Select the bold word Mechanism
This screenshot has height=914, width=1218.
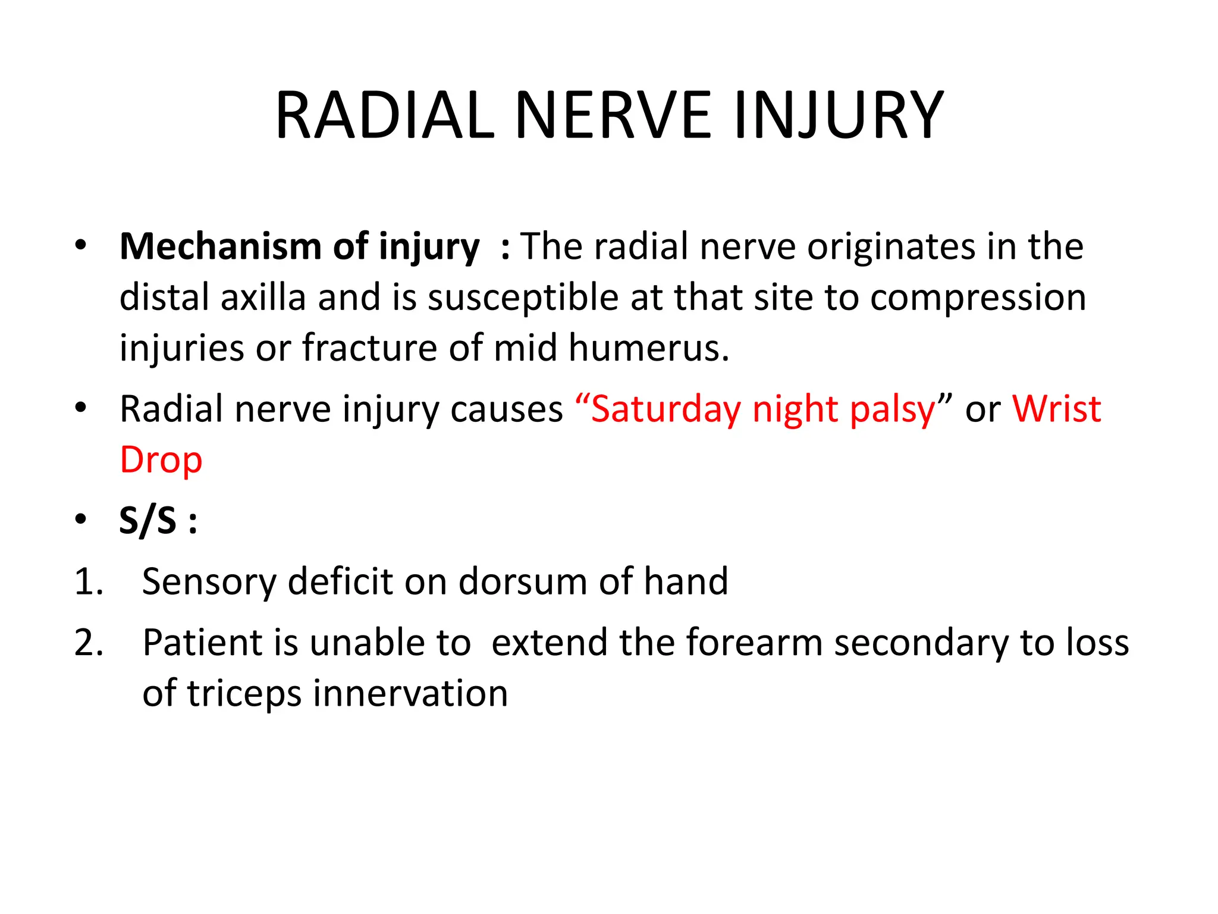[x=220, y=246]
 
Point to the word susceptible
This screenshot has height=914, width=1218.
[x=523, y=297]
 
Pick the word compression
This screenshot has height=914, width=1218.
[x=978, y=297]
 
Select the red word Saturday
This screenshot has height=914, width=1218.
[x=666, y=409]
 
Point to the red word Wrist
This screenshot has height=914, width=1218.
[x=1057, y=409]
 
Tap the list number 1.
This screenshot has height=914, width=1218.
[x=89, y=581]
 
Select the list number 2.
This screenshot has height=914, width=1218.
[x=89, y=643]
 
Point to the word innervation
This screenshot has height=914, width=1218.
[x=410, y=694]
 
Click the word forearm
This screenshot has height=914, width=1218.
[x=754, y=643]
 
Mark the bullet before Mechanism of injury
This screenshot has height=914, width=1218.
[x=81, y=245]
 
